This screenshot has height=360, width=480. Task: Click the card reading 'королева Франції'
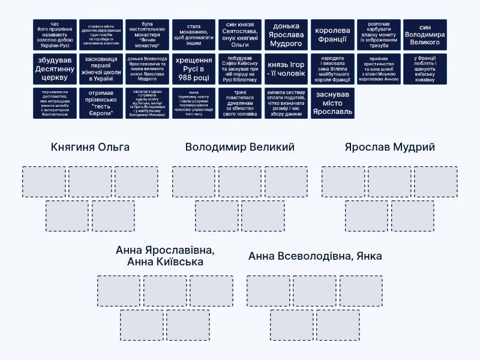pos(332,35)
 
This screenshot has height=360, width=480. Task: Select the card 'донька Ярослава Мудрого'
pos(286,35)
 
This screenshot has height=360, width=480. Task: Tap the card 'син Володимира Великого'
pos(425,35)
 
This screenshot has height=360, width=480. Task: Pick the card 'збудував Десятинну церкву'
pos(55,69)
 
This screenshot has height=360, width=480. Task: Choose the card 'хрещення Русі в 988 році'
pos(194,69)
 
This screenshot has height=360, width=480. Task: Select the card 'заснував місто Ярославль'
pos(332,103)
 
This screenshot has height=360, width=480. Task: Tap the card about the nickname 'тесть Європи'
pos(101,103)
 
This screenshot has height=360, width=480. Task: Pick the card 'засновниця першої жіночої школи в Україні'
pos(101,69)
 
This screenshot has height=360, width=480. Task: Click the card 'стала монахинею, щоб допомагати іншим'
pos(194,35)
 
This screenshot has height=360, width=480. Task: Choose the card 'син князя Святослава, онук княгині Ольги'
pos(240,35)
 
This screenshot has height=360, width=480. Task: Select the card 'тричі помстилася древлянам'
pos(240,103)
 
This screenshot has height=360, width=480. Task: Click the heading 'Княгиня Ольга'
pos(90,147)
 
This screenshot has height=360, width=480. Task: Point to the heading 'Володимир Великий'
pos(240,147)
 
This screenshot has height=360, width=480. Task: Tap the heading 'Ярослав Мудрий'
pos(390,147)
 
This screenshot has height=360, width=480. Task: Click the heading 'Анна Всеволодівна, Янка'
pos(315,256)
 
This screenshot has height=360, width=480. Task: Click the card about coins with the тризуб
pos(379,35)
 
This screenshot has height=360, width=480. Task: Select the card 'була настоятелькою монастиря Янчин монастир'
pos(148,35)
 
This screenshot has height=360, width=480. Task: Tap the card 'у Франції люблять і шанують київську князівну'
pos(425,69)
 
